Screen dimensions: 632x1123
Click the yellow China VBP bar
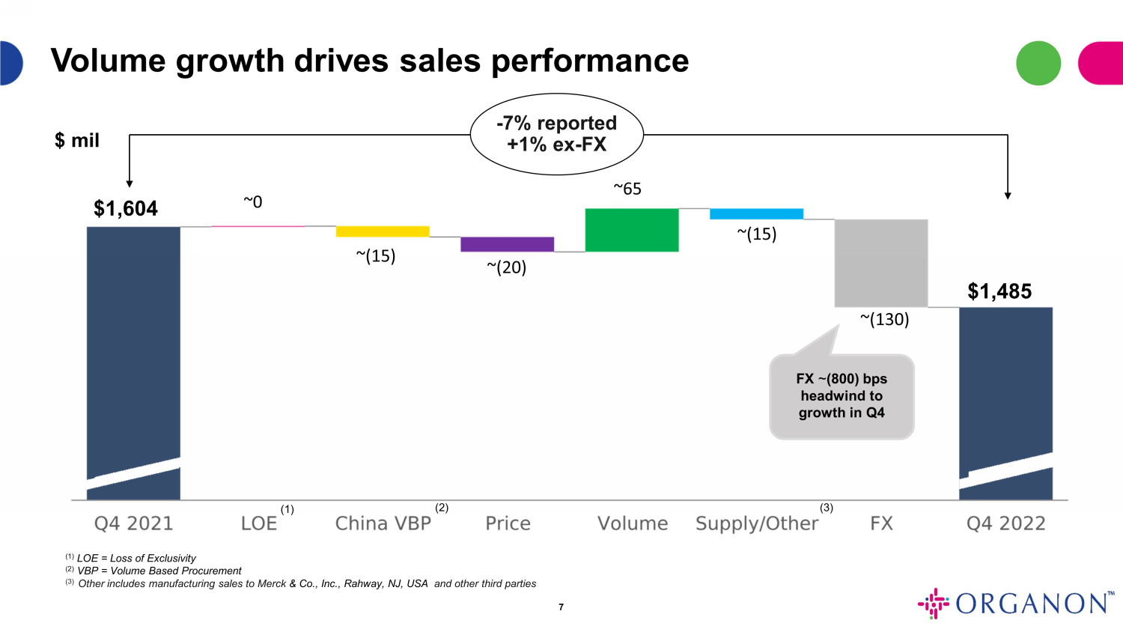[383, 231]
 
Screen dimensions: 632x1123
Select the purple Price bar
[507, 244]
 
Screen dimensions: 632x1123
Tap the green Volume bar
[631, 230]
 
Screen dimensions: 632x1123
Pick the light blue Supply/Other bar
[756, 214]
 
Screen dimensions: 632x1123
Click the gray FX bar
[881, 263]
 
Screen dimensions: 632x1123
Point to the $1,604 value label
[126, 208]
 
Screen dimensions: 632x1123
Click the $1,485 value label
[999, 291]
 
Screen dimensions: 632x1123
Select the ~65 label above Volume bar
[627, 189]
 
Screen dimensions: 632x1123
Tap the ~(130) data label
[884, 320]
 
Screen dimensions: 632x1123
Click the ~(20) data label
[507, 267]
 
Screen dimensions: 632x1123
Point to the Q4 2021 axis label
[133, 523]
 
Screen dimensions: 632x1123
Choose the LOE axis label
[259, 523]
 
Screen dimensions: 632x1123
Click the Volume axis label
[633, 523]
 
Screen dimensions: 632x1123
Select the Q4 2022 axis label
[1005, 523]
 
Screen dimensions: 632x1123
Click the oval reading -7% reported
[556, 134]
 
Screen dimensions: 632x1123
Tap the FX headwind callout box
[842, 396]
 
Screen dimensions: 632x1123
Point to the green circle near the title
[1038, 63]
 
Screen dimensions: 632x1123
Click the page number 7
[561, 607]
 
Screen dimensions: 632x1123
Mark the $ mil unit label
[77, 141]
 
